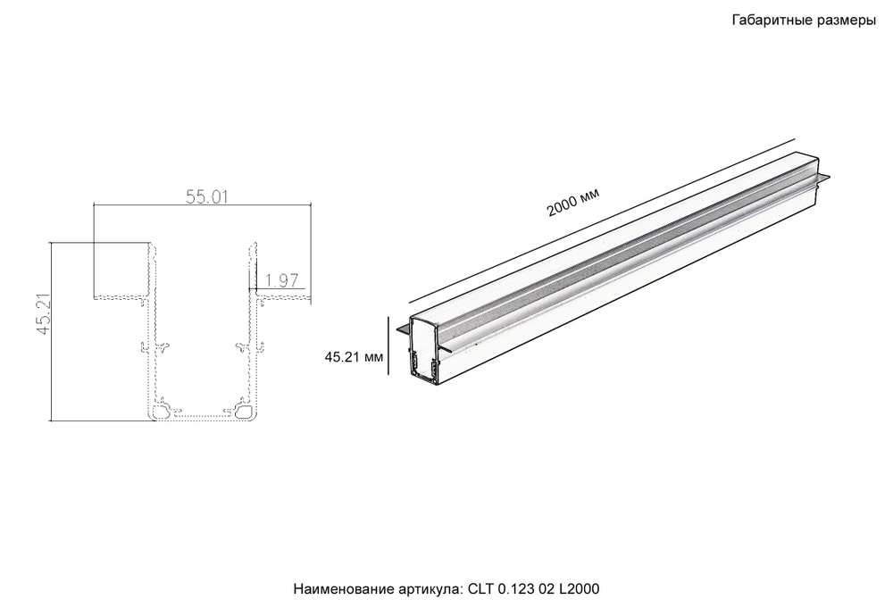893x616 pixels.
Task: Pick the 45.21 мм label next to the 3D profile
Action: click(354, 357)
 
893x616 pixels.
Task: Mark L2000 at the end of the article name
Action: click(580, 590)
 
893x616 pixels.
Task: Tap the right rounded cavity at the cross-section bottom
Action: click(244, 412)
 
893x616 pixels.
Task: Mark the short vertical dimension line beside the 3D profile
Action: click(389, 348)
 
